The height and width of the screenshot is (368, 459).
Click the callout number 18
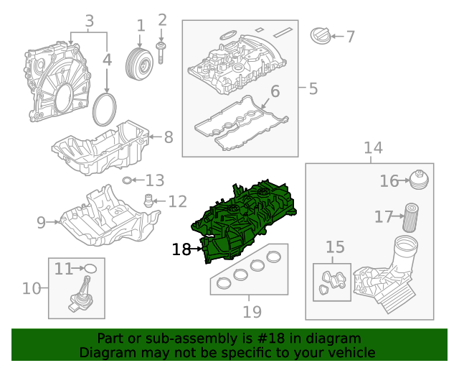coord(181,249)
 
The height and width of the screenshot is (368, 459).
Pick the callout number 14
coord(373,148)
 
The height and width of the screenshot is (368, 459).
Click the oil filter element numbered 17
coord(409,217)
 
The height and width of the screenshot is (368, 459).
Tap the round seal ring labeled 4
coord(107,109)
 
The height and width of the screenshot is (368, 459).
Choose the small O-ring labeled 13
coord(127,180)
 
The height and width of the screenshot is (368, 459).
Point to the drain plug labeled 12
coord(148,200)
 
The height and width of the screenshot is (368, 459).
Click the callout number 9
coord(41,222)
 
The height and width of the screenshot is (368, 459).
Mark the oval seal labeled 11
coord(91,269)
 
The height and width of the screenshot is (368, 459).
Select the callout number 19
coord(252,312)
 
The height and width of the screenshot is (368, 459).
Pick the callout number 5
coord(313,89)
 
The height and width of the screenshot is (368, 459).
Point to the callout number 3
coord(90,21)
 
